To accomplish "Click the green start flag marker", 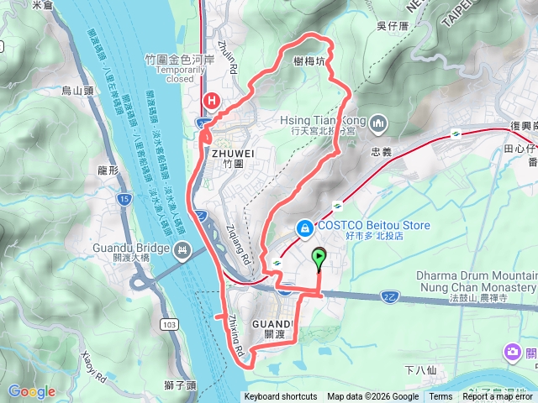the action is [319, 257].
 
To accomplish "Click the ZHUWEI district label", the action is [232, 154].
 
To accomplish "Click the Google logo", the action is [31, 391].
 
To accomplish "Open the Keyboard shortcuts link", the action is [281, 397].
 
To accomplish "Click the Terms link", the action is [440, 397].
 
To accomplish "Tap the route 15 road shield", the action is [124, 199].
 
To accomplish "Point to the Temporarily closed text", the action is [175, 75].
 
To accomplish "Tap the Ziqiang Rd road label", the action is [240, 244].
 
